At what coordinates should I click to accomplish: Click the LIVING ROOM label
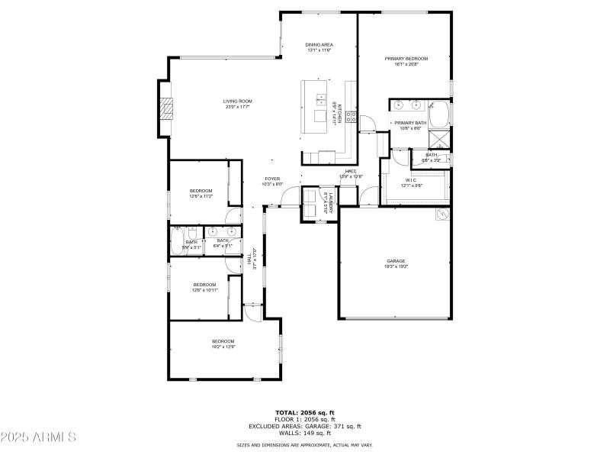coord(238,101)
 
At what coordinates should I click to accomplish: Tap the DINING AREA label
coord(319,45)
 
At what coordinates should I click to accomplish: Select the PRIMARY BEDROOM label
coord(406,59)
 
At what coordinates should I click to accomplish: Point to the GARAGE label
coord(395,261)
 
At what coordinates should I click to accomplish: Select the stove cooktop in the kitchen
coord(351,117)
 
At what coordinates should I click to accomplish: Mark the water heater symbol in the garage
coord(441,215)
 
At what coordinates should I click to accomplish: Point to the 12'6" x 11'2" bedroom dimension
coord(201,196)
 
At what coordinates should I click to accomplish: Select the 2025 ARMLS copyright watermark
coord(38,437)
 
